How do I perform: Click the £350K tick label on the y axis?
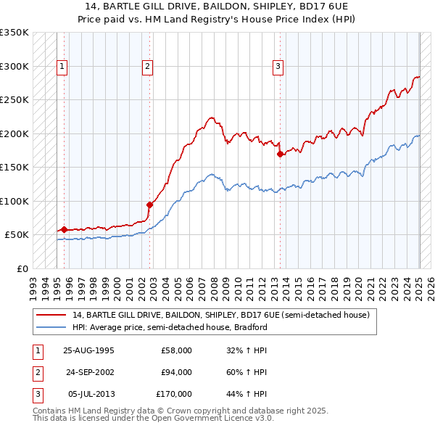pos(14,33)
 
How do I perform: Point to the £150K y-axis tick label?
pos(14,168)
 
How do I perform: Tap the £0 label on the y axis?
pos(22,268)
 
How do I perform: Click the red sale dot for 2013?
pos(280,154)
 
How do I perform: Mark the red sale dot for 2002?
pos(150,205)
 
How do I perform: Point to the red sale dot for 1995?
pos(65,229)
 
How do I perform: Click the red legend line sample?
pos(51,315)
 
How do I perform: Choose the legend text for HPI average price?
pos(170,327)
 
